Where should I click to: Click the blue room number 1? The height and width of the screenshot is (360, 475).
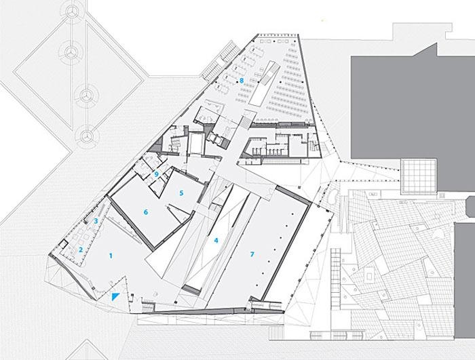click(x=111, y=256)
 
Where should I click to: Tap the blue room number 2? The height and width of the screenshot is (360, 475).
click(x=81, y=249)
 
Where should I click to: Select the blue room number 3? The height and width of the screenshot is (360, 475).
click(x=96, y=221)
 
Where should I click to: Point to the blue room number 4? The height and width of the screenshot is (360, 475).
click(x=216, y=241)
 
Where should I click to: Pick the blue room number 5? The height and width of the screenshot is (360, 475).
click(x=181, y=193)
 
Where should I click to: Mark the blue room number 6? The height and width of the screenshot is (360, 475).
click(x=146, y=212)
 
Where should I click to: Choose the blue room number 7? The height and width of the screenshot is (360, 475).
click(x=252, y=254)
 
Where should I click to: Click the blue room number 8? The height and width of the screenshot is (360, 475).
click(x=242, y=81)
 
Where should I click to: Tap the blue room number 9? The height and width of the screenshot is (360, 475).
click(x=156, y=174)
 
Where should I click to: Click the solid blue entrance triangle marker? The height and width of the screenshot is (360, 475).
click(x=115, y=296)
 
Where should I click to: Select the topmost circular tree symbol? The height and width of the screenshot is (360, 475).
click(x=73, y=12)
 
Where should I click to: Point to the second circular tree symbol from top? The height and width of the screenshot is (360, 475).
click(x=71, y=52)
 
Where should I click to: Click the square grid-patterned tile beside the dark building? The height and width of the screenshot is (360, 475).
click(x=419, y=176)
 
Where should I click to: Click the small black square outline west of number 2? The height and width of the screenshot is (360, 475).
click(x=64, y=243)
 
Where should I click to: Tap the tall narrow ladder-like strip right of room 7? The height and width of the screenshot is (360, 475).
click(x=335, y=278)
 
